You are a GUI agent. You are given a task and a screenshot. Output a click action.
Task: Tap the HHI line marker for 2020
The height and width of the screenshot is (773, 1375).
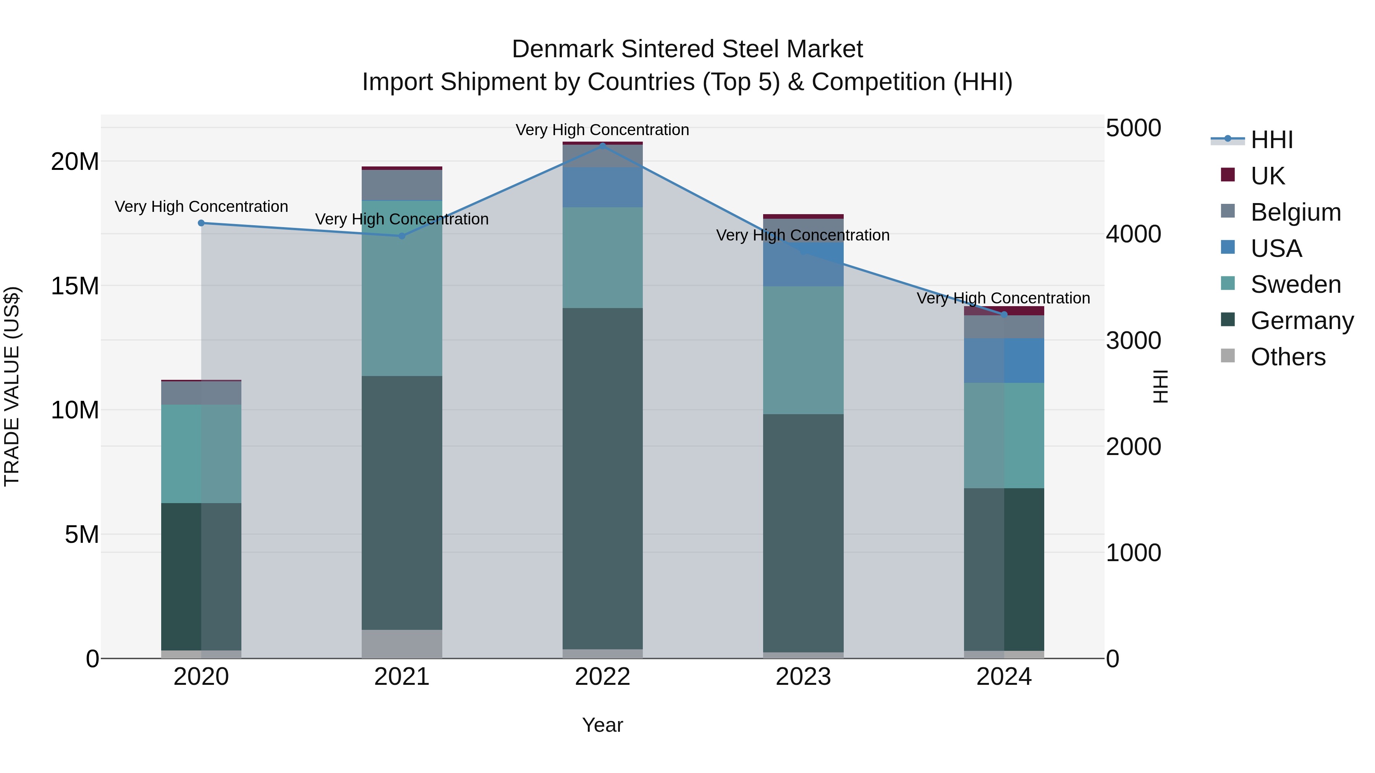(x=201, y=223)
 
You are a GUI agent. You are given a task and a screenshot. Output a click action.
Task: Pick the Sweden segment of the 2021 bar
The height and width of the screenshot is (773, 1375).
(x=402, y=288)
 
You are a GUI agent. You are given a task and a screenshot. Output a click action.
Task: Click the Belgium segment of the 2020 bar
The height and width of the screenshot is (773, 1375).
(x=201, y=393)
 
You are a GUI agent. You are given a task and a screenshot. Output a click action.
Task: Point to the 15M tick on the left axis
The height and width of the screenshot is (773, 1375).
(x=75, y=286)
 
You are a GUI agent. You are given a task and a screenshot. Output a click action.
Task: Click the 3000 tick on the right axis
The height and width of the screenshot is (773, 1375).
(x=1133, y=341)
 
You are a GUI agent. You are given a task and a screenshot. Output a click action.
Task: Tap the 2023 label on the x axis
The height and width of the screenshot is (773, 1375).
(x=803, y=677)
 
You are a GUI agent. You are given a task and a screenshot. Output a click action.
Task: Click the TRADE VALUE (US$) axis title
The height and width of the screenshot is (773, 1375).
(x=12, y=386)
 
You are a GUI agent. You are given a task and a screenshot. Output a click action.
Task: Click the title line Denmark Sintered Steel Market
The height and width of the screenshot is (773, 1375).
(x=687, y=49)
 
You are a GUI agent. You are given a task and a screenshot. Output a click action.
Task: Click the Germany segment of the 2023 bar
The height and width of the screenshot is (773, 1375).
(x=803, y=533)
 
